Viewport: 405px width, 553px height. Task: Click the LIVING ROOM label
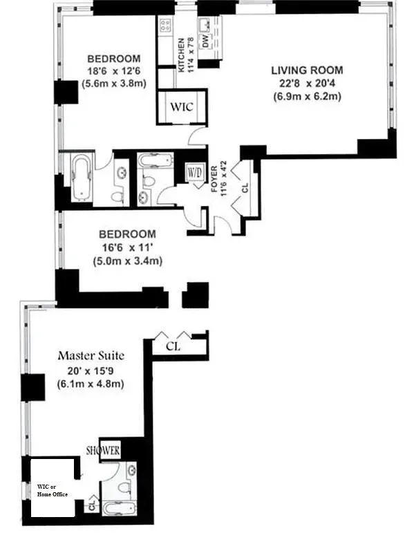coord(307,71)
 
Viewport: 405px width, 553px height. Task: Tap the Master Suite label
coord(91,356)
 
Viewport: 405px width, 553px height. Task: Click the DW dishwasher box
coord(205,42)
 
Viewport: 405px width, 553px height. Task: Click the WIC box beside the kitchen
coord(182,106)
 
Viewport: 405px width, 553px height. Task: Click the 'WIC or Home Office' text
coord(53,491)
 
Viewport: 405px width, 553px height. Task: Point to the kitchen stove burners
coord(166,26)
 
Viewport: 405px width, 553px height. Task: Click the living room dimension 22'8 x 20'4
coord(307,84)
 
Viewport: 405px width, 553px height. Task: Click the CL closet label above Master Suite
coord(172,346)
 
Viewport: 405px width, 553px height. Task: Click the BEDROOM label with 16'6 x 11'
coord(126,234)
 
